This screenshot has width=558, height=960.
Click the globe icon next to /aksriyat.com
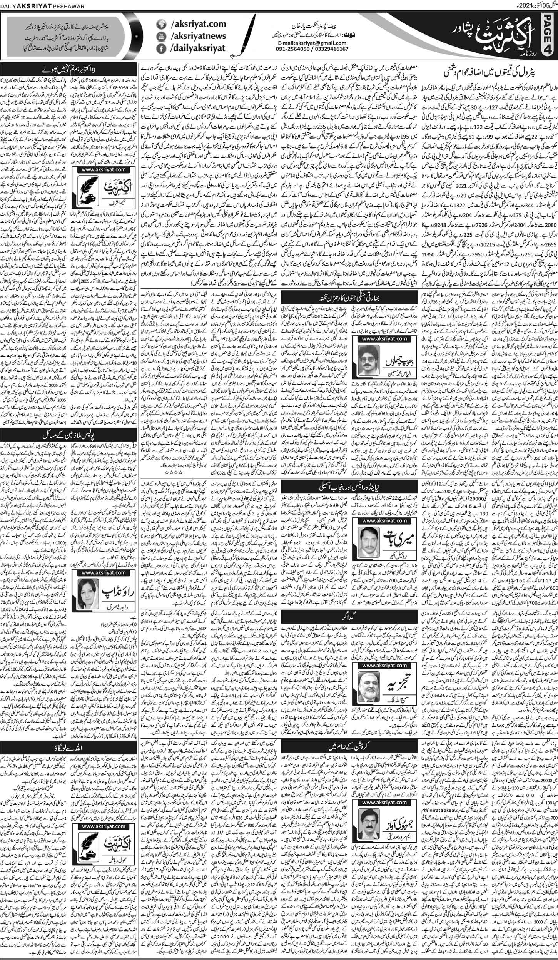click(162, 24)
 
